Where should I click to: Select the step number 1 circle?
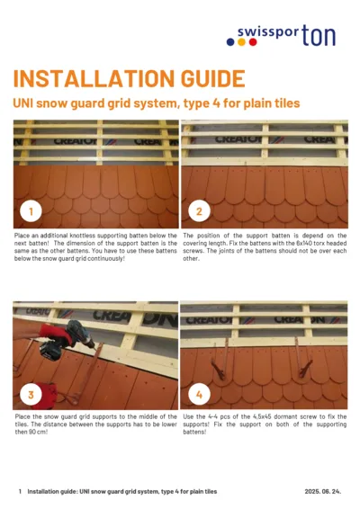click(31, 213)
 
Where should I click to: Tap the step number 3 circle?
click(31, 395)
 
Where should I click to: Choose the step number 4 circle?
click(198, 395)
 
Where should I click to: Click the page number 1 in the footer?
click(20, 492)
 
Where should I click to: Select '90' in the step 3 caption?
click(39, 432)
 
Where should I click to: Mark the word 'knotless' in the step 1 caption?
click(87, 235)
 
